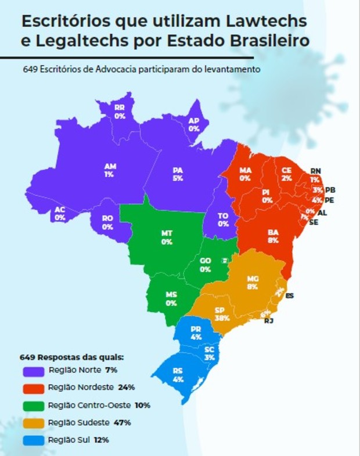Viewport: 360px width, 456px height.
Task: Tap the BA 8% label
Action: coord(273,236)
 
